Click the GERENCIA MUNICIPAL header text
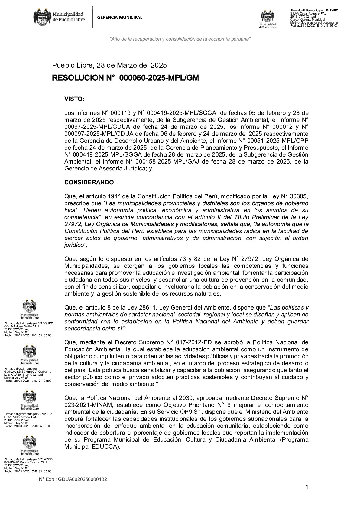coord(119,18)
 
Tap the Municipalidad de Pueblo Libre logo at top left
coord(59,17)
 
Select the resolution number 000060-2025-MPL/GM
coord(159,78)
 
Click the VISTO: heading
coord(74,99)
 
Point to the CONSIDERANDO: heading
coord(90,183)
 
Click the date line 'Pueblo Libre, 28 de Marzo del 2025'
coord(109,65)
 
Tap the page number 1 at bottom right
coord(307,487)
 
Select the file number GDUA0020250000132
coord(82,479)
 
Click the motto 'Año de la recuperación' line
coord(180,39)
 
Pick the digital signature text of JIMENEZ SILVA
coord(314,18)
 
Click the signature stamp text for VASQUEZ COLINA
coord(28,329)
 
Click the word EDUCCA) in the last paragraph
coord(107,446)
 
